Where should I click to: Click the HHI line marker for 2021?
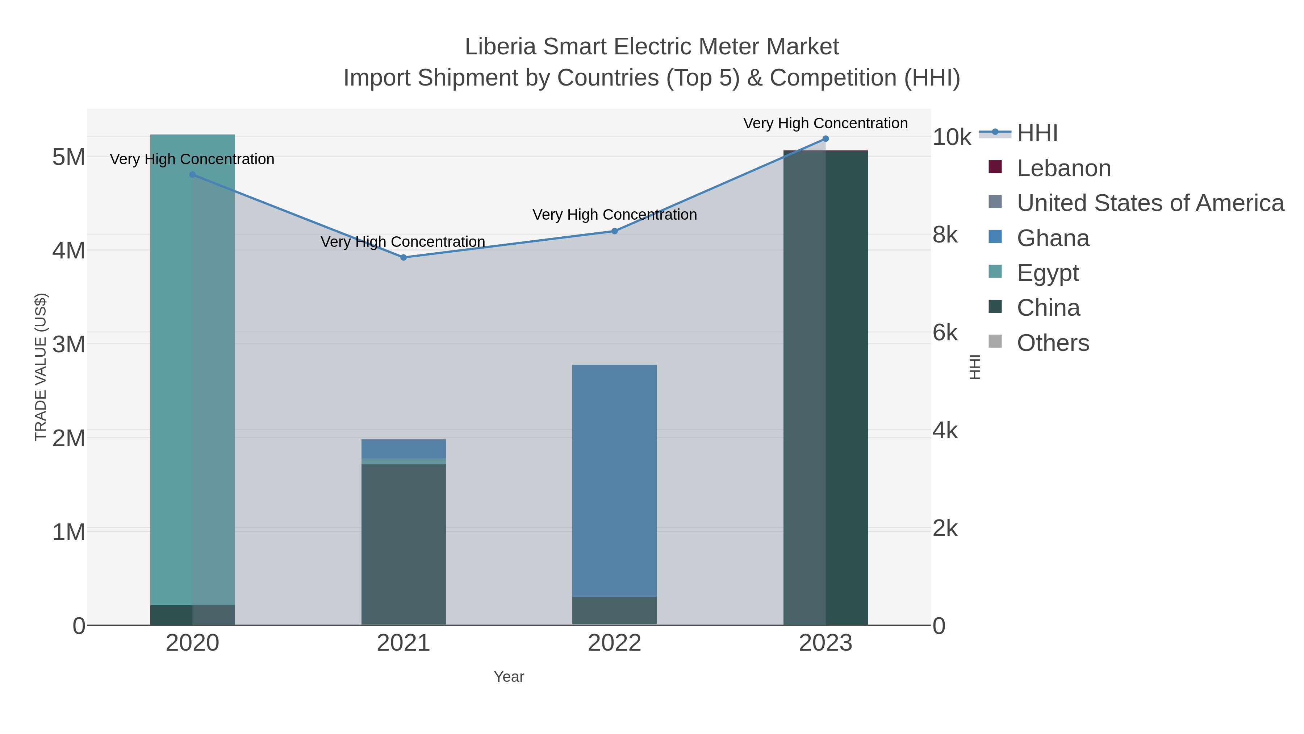(404, 257)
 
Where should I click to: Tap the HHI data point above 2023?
(826, 139)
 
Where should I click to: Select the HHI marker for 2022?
(615, 231)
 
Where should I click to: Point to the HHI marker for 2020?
(192, 175)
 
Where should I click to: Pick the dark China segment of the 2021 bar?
(404, 544)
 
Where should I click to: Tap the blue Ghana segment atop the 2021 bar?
(404, 449)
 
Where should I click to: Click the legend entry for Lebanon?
(1063, 168)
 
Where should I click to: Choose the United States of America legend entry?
(1149, 203)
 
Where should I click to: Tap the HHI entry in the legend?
(1037, 133)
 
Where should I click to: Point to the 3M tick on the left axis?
(69, 344)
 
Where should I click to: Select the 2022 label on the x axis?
(615, 643)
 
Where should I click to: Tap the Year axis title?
(509, 677)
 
